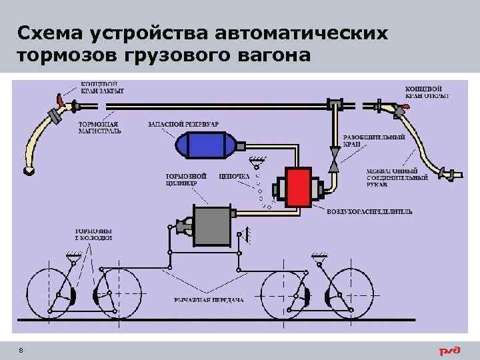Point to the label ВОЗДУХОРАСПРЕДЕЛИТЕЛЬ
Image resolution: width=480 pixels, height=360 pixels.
[369, 211]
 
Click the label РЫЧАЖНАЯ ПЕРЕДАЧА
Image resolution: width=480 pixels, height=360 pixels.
[209, 299]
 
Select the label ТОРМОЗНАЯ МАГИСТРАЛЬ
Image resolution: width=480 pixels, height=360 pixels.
[100, 127]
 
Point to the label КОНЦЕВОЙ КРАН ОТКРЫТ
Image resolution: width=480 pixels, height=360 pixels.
[427, 91]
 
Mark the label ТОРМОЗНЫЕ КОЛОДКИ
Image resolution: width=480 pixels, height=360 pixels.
[93, 233]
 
